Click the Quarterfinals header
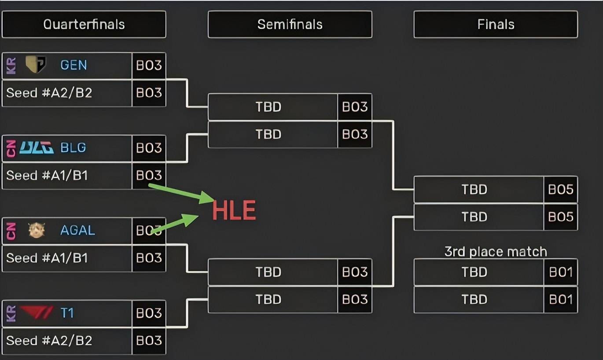(84, 24)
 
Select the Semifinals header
(290, 24)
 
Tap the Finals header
(496, 24)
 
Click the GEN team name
(74, 65)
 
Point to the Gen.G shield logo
(36, 64)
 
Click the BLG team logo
(37, 147)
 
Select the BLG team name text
(73, 147)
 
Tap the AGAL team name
(77, 230)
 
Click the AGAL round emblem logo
(37, 230)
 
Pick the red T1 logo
(37, 312)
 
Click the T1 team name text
(67, 313)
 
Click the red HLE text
(234, 210)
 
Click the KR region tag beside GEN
(11, 66)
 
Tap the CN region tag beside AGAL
(11, 231)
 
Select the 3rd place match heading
(496, 252)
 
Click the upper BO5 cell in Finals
(561, 189)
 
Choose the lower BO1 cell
(561, 299)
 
